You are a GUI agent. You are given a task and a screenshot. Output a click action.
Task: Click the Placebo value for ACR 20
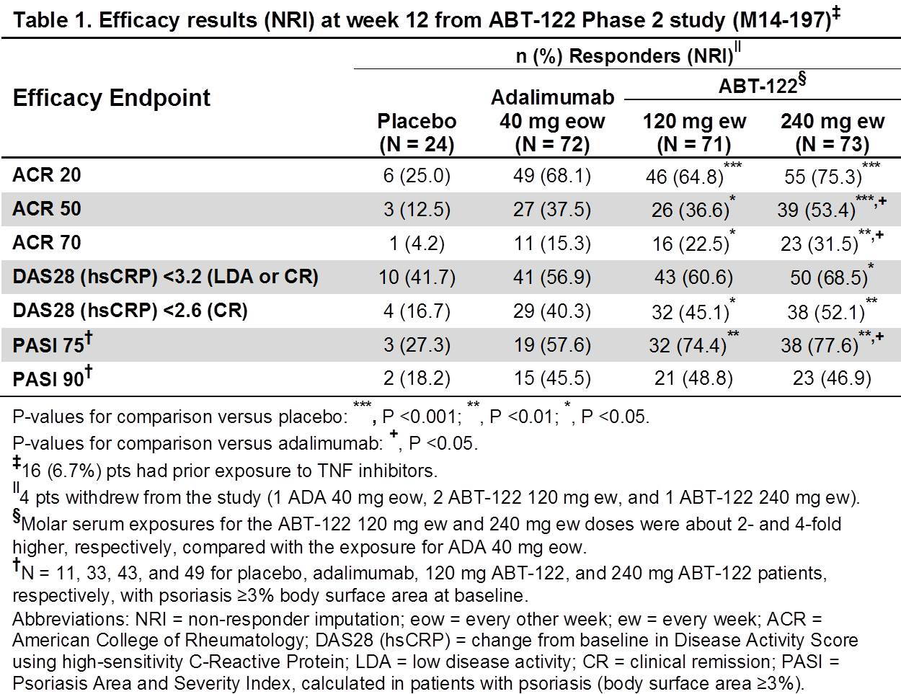click(x=417, y=176)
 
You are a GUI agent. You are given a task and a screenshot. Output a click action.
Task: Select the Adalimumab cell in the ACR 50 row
click(x=552, y=210)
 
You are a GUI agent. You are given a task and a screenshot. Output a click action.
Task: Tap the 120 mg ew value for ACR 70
click(x=691, y=244)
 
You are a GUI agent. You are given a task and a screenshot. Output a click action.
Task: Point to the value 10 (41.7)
click(x=417, y=277)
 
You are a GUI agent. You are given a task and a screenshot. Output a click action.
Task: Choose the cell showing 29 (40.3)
click(x=552, y=311)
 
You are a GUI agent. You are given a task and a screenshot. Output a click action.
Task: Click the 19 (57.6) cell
click(x=552, y=344)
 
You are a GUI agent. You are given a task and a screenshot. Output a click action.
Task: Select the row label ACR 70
click(x=47, y=243)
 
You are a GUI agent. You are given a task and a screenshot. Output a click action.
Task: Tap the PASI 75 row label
click(x=50, y=344)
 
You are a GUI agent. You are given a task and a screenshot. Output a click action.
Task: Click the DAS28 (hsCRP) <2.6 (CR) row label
click(x=130, y=311)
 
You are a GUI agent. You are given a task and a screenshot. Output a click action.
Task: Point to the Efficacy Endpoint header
click(x=112, y=98)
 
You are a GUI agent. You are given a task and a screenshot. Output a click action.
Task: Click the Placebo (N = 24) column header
click(x=417, y=133)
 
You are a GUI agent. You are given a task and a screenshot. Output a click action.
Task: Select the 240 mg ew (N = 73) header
click(x=832, y=133)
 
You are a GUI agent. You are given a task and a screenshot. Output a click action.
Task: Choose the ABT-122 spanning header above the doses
click(x=760, y=86)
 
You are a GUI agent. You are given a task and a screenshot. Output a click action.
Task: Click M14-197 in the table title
click(x=780, y=20)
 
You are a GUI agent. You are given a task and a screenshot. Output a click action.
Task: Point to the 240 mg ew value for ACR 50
click(x=816, y=210)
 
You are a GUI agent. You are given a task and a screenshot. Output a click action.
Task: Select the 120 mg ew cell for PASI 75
click(x=687, y=345)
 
